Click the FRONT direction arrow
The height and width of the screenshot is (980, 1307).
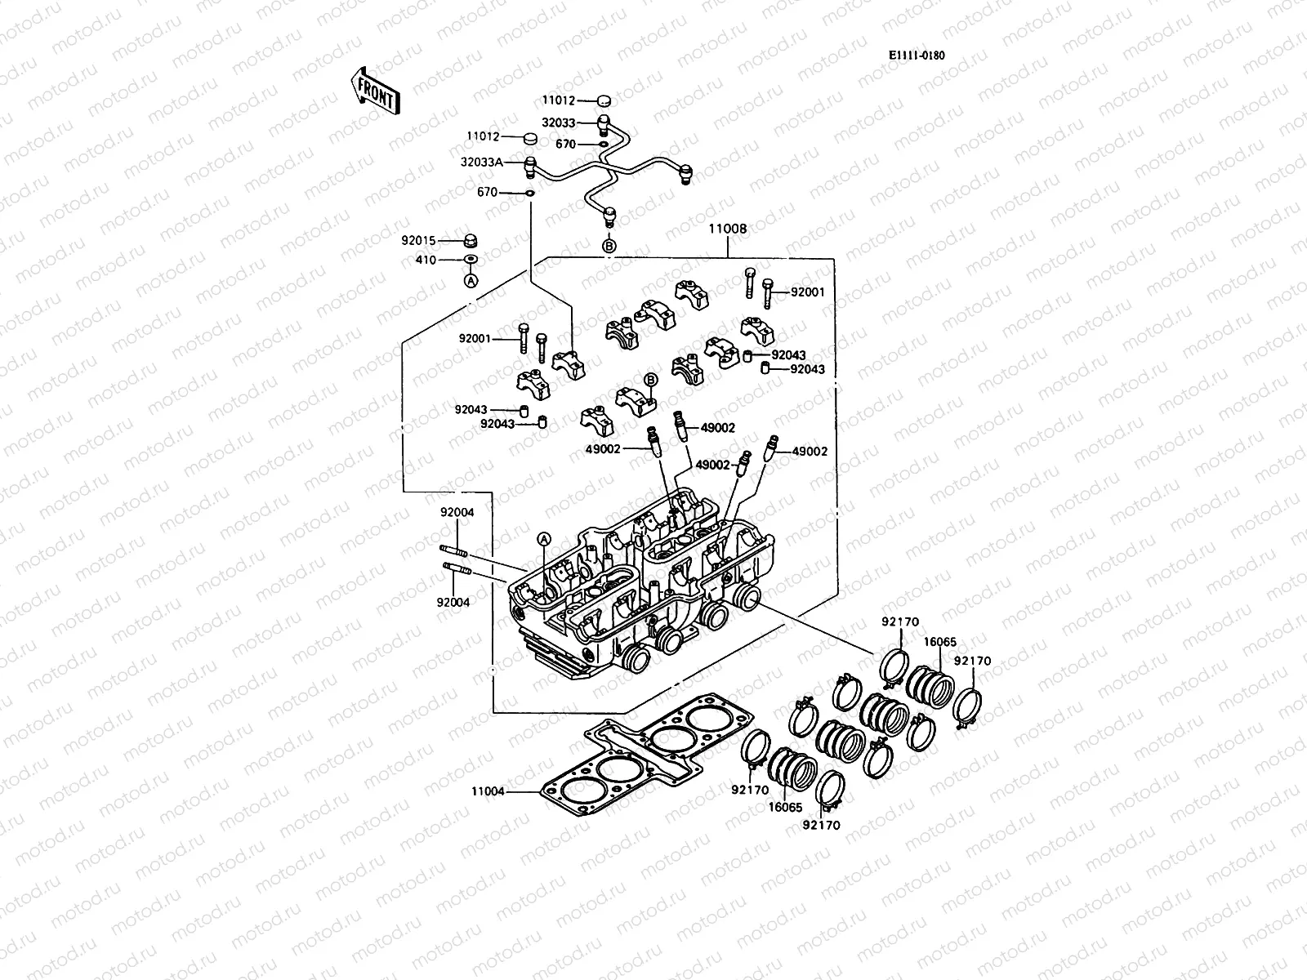pyautogui.click(x=373, y=90)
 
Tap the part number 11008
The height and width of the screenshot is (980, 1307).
pyautogui.click(x=726, y=229)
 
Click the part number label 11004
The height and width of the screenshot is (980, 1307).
pyautogui.click(x=488, y=791)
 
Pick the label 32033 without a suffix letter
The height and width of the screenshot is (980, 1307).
pyautogui.click(x=559, y=122)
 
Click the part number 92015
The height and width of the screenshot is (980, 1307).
pyautogui.click(x=418, y=241)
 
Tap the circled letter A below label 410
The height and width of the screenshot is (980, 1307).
pyautogui.click(x=471, y=280)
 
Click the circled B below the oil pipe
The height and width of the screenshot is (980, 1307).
pyautogui.click(x=609, y=245)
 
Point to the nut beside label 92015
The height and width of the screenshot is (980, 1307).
pyautogui.click(x=471, y=241)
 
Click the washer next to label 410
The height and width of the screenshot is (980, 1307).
pyautogui.click(x=471, y=260)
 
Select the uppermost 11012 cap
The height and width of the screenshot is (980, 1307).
pyautogui.click(x=604, y=101)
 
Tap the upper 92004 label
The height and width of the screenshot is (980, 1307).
pyautogui.click(x=457, y=512)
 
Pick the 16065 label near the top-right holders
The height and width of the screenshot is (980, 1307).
pyautogui.click(x=939, y=642)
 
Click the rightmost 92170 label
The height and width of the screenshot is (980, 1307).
pyautogui.click(x=972, y=661)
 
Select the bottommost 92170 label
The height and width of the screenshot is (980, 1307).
pyautogui.click(x=821, y=826)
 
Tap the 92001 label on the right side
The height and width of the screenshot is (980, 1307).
pyautogui.click(x=808, y=292)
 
